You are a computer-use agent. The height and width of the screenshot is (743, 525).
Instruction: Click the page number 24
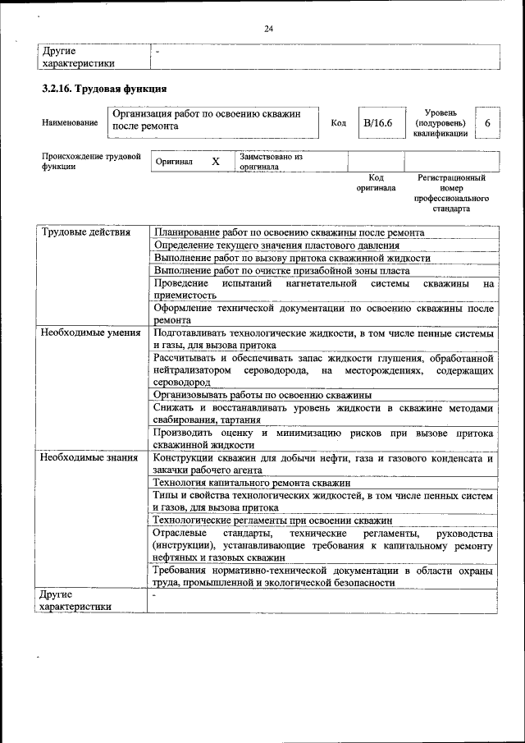coord(268,29)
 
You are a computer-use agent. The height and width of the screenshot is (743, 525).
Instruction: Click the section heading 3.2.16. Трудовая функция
coord(105,88)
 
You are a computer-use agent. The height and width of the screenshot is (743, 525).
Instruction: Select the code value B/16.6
coord(378,122)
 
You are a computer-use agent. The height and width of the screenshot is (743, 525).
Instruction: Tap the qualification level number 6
coord(487,122)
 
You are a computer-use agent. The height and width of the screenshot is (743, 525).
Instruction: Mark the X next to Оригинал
coord(216,162)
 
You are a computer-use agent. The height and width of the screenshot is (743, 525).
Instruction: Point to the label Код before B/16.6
coord(338,122)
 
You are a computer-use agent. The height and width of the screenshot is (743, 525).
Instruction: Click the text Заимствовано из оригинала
coord(271,161)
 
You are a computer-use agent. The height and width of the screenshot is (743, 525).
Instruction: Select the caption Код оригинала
coord(376,182)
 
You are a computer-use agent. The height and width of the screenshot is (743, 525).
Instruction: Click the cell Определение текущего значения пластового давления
coord(276,245)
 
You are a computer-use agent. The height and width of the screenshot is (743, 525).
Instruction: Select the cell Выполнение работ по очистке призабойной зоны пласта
coord(281,270)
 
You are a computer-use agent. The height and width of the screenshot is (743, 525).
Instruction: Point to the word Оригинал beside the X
coord(175,162)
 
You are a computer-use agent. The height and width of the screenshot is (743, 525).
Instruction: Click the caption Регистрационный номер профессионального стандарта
coord(451,193)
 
